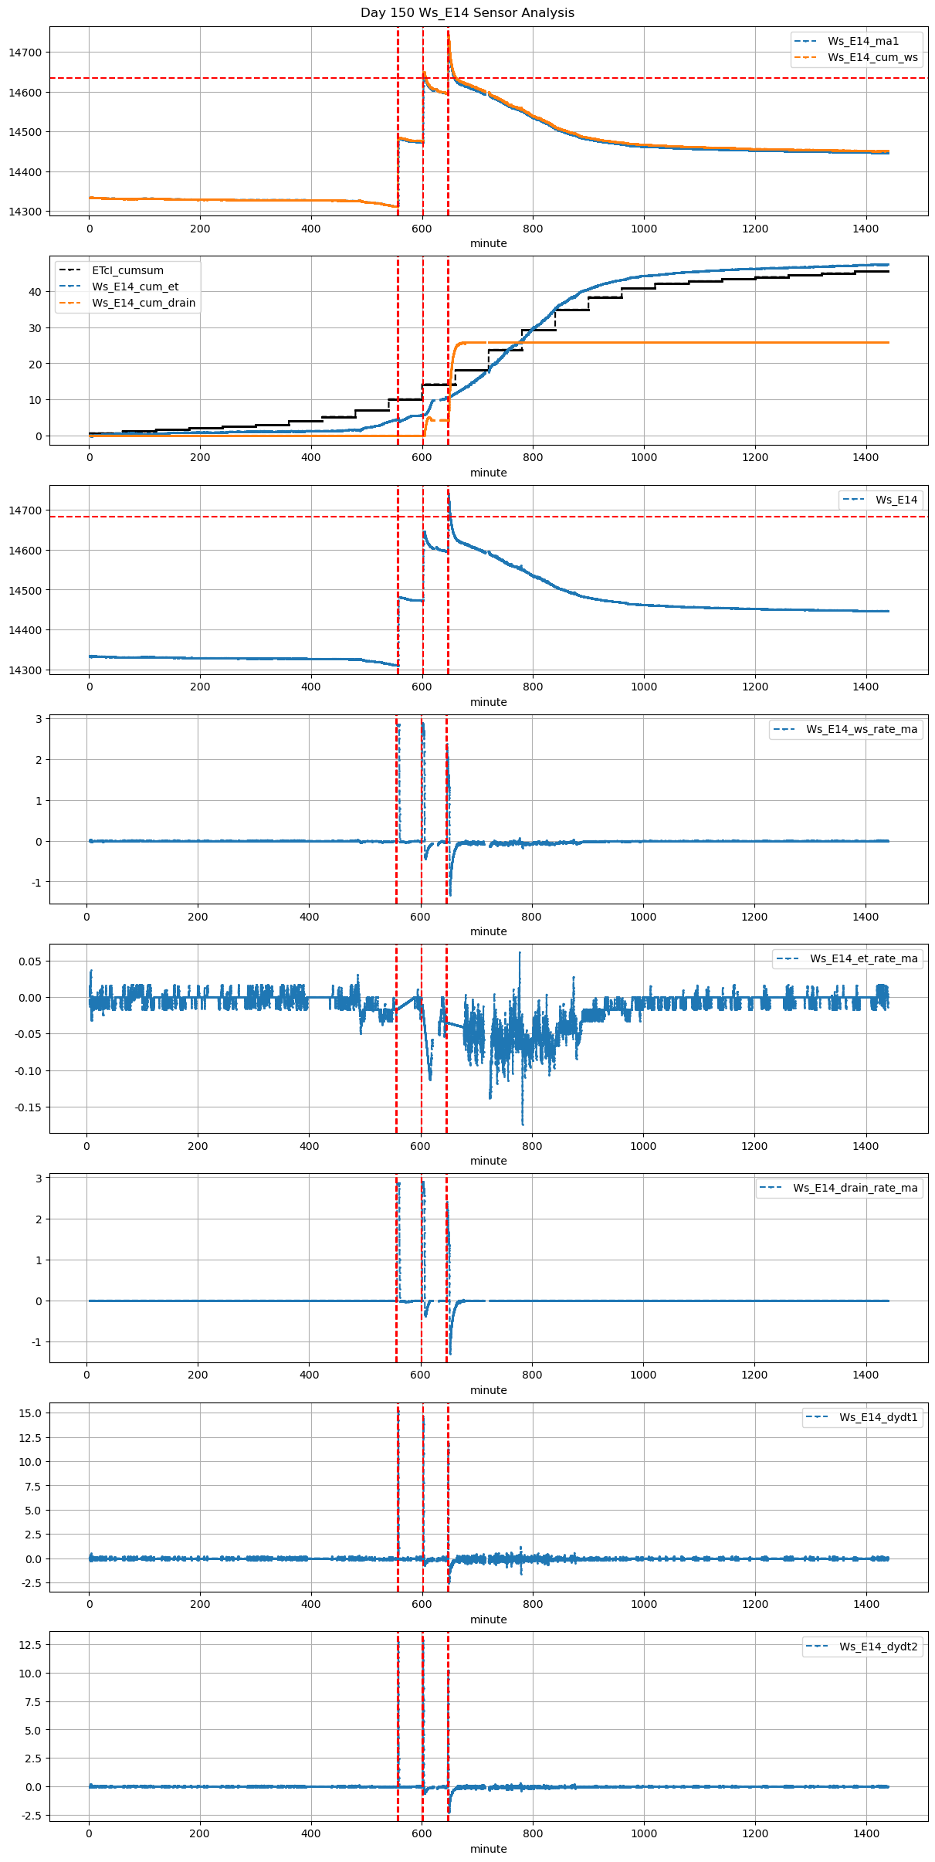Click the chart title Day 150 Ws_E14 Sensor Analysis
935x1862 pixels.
pos(467,13)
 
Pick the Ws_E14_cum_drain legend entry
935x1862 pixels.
pos(144,303)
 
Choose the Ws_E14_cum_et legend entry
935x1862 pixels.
pos(135,287)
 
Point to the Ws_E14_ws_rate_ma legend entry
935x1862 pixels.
pos(862,729)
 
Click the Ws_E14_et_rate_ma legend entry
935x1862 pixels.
pos(863,958)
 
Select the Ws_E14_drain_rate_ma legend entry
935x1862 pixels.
pos(855,1188)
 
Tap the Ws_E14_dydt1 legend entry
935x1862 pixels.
pos(879,1417)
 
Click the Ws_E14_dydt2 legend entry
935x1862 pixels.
pos(879,1647)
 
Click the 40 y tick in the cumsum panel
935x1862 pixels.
pos(35,292)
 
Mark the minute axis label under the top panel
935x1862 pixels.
pos(489,243)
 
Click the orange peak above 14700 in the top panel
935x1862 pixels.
pos(449,33)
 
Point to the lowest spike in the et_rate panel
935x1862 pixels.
pos(523,1124)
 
